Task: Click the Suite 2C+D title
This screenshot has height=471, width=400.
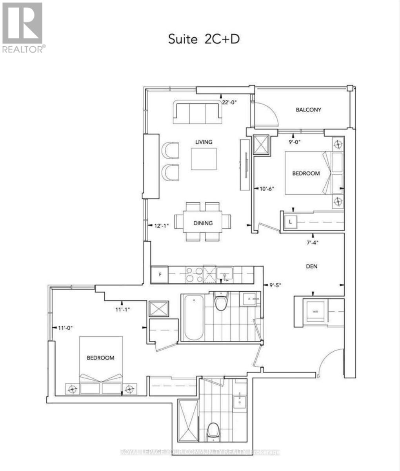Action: click(204, 39)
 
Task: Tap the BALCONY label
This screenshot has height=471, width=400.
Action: click(308, 110)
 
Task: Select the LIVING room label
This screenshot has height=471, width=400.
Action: click(204, 142)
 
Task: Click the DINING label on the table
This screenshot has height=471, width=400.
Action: click(203, 223)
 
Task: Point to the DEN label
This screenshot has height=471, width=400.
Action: click(312, 267)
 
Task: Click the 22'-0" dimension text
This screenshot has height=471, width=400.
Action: click(230, 102)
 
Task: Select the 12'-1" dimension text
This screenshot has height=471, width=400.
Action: click(161, 226)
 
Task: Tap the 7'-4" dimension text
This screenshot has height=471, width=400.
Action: click(312, 242)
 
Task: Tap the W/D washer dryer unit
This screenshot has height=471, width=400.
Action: click(315, 312)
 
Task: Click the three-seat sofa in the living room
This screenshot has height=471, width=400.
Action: click(198, 113)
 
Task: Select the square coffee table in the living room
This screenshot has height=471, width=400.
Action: click(204, 159)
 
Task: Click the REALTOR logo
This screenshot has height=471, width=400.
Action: click(23, 27)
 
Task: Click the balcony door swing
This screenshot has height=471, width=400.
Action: click(266, 114)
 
